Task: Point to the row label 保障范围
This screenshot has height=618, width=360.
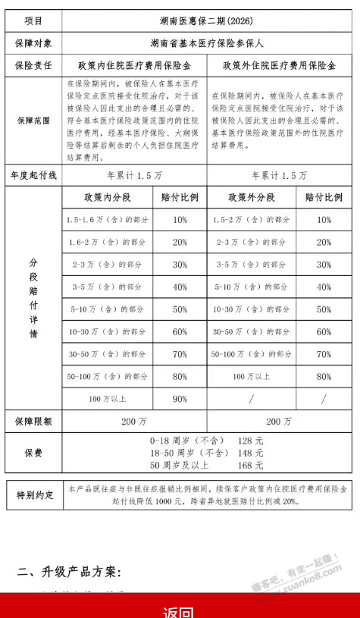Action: click(33, 120)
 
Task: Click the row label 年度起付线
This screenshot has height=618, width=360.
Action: click(33, 175)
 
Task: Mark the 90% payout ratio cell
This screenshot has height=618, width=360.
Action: click(180, 399)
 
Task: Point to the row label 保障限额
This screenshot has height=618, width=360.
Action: click(33, 420)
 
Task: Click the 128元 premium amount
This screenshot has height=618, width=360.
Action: click(249, 441)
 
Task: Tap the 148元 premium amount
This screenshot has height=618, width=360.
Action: click(249, 453)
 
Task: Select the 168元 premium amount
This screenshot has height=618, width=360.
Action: click(249, 465)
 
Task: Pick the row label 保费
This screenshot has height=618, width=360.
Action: click(33, 453)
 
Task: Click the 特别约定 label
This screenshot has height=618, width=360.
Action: click(35, 495)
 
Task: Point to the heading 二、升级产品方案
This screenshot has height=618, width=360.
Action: click(70, 570)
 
